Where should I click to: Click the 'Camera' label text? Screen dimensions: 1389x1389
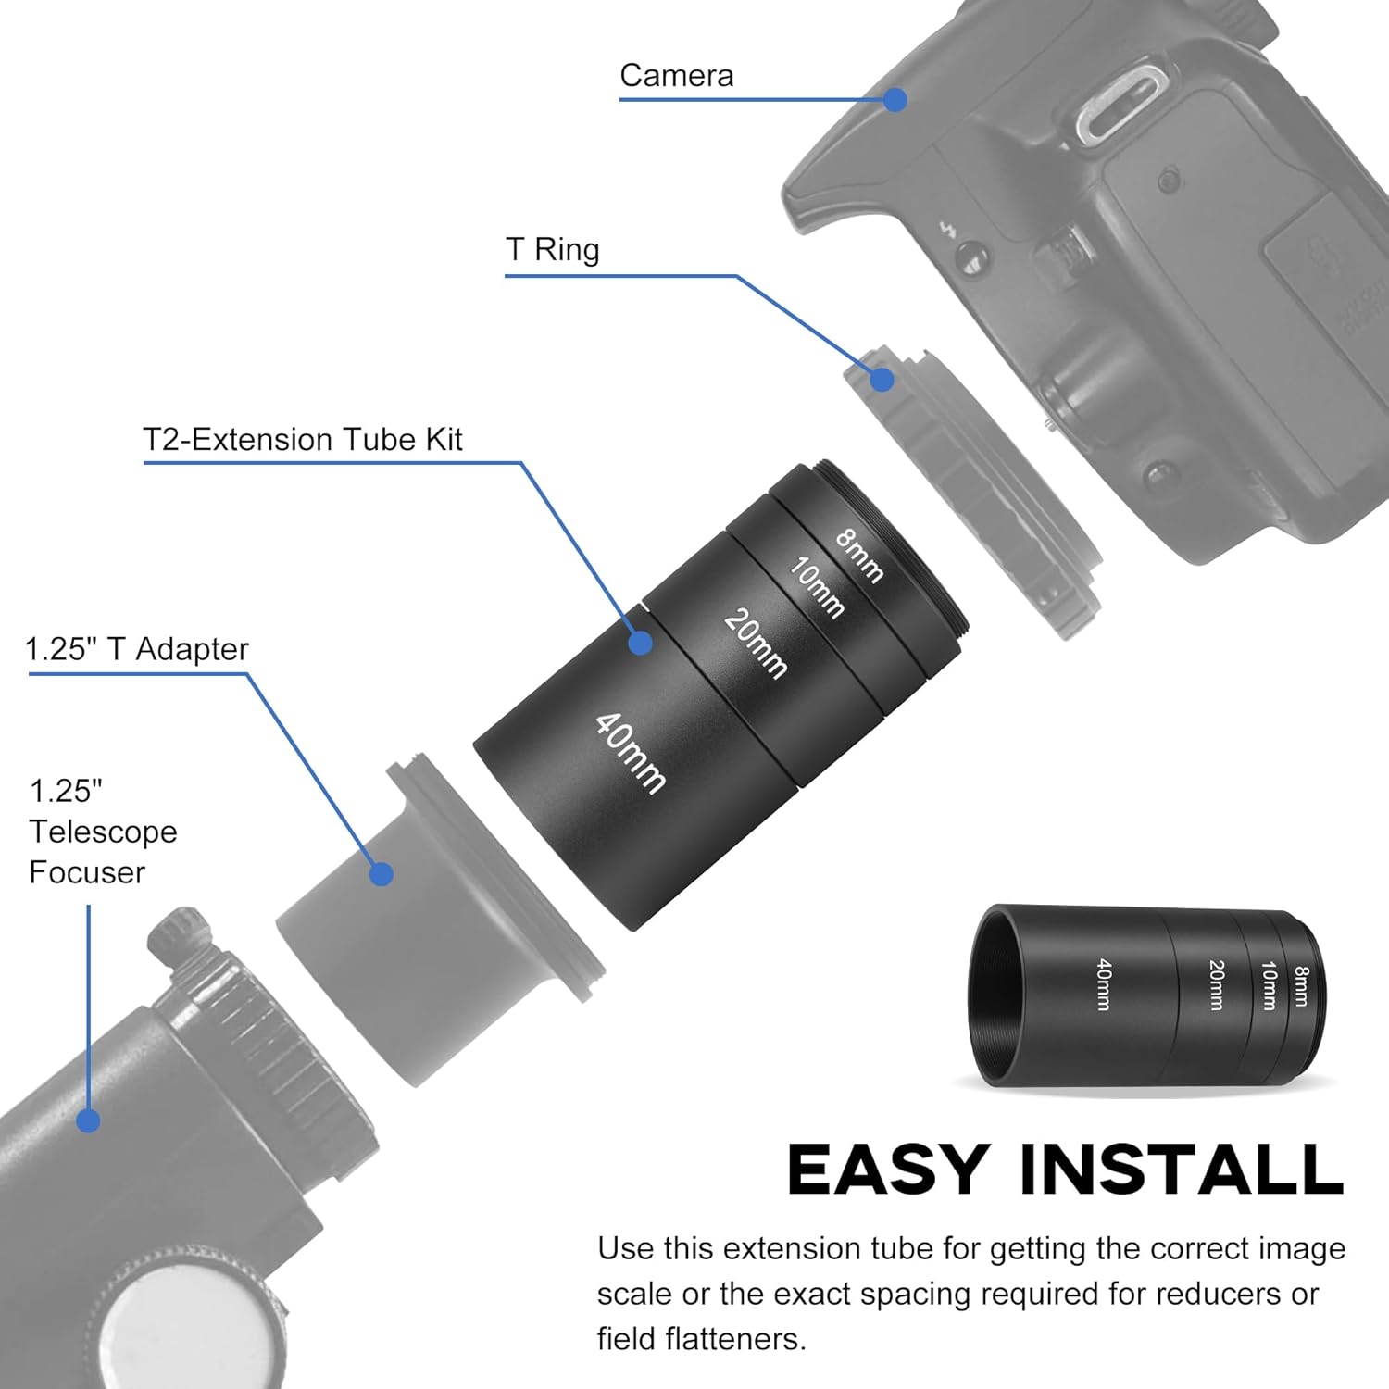click(676, 76)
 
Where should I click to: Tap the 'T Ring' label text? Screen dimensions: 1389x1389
click(553, 250)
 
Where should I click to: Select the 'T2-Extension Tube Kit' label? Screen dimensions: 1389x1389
click(303, 440)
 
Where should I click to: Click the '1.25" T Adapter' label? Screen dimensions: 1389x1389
click(137, 649)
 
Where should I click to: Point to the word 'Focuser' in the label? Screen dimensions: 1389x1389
click(87, 872)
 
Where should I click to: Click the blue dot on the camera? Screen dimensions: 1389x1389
click(895, 100)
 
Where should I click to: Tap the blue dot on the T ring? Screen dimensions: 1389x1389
click(882, 379)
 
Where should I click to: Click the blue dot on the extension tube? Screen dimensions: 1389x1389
click(640, 643)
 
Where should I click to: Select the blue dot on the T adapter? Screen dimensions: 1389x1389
click(381, 873)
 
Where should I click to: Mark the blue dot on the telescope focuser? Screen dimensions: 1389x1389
click(88, 1120)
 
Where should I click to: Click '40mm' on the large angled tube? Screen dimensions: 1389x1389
click(631, 752)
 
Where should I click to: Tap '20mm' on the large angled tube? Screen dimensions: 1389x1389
click(756, 643)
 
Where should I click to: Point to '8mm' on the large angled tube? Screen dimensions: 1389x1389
click(859, 555)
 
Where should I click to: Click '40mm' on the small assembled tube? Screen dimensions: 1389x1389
click(1103, 984)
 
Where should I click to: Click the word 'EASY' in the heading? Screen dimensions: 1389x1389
click(887, 1170)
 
